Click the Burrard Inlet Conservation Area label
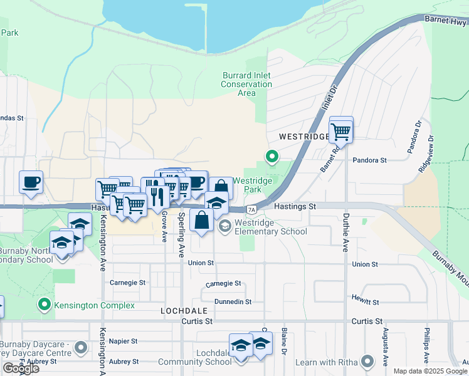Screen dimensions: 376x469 (x=246, y=84)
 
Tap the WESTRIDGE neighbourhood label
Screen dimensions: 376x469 (x=303, y=136)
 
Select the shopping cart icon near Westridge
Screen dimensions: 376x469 (x=340, y=131)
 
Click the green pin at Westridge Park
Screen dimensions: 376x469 (x=272, y=157)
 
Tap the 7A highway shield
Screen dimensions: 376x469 (x=251, y=209)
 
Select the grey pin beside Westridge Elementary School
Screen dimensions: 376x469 (x=224, y=226)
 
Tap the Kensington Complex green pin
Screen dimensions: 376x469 (x=44, y=305)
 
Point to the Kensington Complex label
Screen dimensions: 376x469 (x=94, y=305)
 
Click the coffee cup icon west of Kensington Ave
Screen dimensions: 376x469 (x=31, y=182)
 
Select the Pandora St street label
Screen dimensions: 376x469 (x=369, y=160)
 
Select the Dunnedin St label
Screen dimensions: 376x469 (x=233, y=301)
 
